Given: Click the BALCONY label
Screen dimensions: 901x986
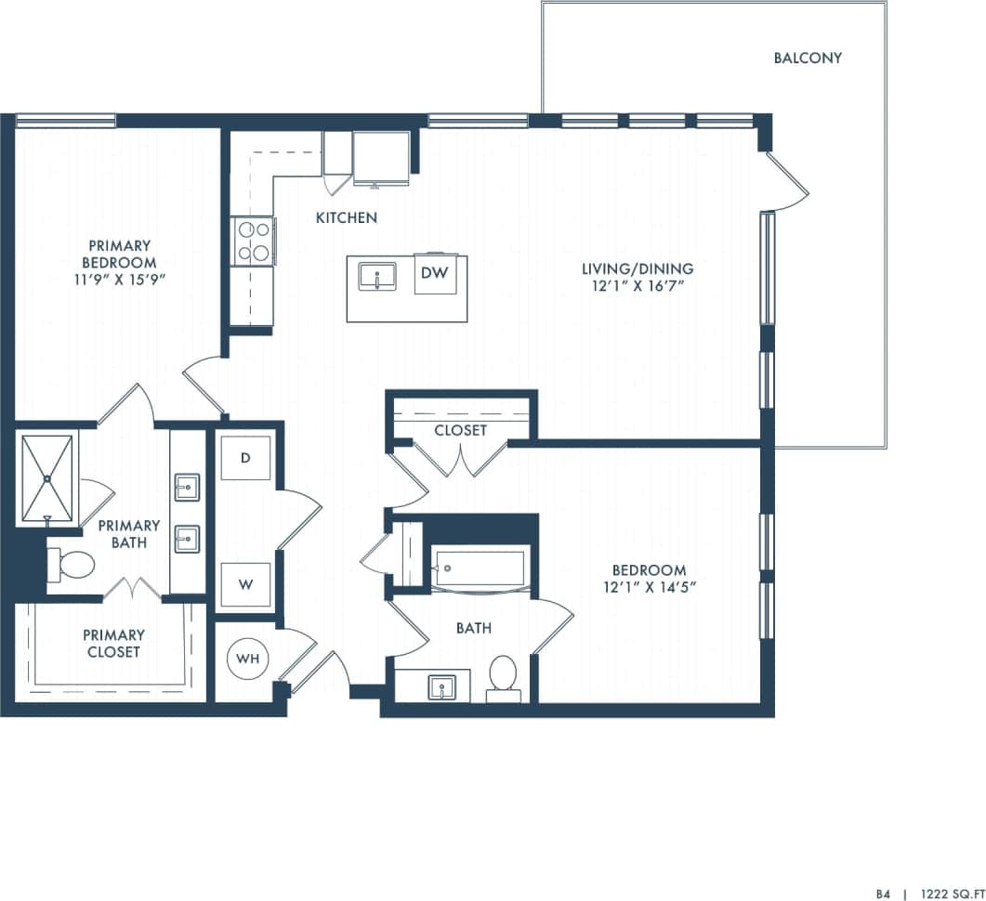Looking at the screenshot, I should pos(808,58).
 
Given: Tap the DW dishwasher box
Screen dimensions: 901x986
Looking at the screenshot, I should pos(435,273).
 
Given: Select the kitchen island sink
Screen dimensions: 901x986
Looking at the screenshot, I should pos(377,276).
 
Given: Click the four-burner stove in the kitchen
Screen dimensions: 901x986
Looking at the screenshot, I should pos(254,241).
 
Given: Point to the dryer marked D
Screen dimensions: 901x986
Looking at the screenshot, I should pos(245,458).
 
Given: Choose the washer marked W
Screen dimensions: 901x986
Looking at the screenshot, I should pos(245,585).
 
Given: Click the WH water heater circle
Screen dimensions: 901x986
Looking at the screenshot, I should pos(247,659).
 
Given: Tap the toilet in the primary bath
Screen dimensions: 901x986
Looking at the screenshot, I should pos(72,563).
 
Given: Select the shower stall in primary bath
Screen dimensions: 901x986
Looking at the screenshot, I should pos(47,477).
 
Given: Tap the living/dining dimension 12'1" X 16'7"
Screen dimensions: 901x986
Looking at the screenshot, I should pos(638,286).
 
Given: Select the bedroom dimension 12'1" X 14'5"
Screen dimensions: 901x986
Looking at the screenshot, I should pos(649,587).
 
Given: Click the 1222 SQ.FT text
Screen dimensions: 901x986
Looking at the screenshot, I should pos(953,893).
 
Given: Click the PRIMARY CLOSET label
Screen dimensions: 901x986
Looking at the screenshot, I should pos(113,643).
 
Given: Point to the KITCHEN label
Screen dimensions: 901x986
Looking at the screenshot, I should pos(347,217).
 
